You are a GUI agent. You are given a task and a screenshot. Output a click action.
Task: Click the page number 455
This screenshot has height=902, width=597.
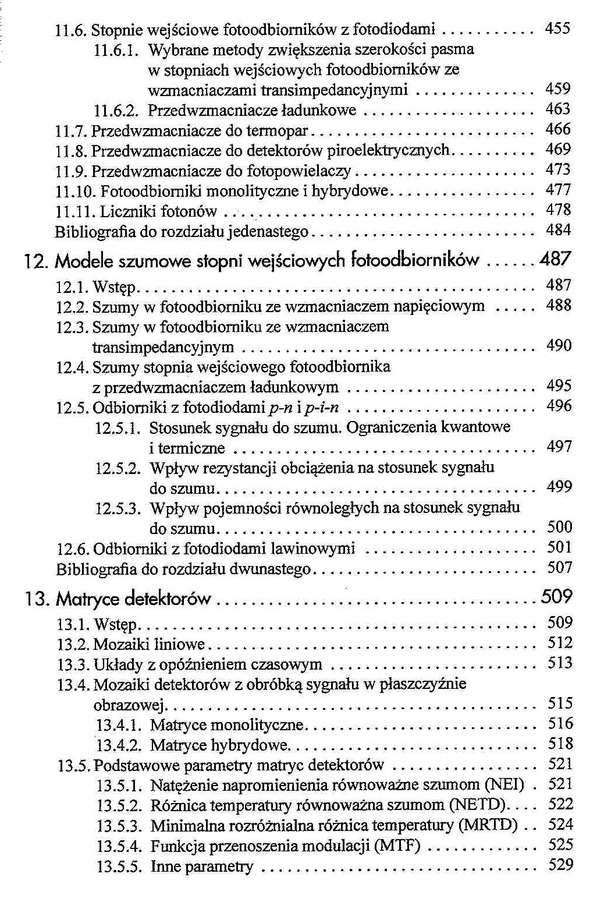tap(557, 28)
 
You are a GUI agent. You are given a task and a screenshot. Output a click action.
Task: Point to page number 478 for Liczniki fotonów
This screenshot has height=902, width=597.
tap(558, 210)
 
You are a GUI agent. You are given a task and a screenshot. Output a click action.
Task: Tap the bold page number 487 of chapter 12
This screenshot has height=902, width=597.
tap(555, 260)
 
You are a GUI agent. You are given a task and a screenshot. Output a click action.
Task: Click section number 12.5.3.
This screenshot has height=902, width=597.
tap(118, 509)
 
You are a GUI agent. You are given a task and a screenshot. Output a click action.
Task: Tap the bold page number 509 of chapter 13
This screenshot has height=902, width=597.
tap(556, 597)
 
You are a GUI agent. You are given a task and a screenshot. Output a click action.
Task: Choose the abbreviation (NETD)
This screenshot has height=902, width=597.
tap(480, 805)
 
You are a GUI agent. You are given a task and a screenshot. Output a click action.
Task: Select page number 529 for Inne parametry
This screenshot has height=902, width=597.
tap(560, 865)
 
